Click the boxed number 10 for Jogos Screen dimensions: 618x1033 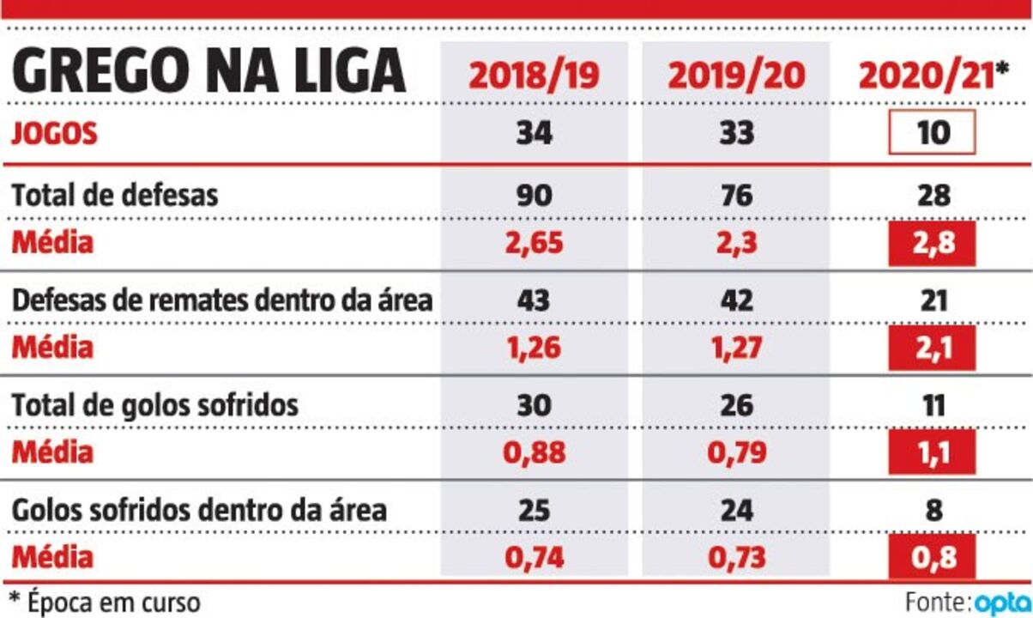(x=932, y=133)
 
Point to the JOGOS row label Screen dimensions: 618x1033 (x=54, y=135)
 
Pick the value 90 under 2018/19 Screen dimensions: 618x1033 (x=533, y=195)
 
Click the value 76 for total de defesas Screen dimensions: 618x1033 (x=735, y=195)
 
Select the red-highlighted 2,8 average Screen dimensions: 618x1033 (x=932, y=244)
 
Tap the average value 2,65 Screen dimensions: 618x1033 (x=533, y=244)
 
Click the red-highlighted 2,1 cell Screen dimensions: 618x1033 (x=932, y=349)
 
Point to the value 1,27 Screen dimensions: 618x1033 (x=735, y=349)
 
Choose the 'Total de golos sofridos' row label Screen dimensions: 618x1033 (x=154, y=405)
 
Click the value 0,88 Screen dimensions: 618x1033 (x=533, y=452)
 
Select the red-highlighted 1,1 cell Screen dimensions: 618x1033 (x=932, y=452)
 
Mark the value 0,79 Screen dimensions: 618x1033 (x=735, y=452)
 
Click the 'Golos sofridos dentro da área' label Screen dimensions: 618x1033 (x=198, y=512)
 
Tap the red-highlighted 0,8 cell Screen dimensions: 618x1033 (x=932, y=558)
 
